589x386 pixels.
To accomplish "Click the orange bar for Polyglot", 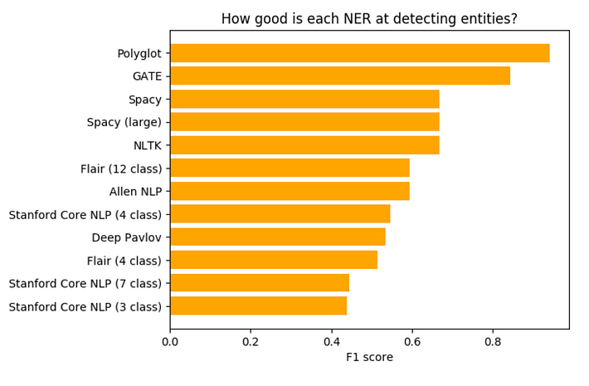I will coord(359,53).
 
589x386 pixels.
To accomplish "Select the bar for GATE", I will coord(340,76).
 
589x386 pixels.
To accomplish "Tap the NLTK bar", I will coord(304,145).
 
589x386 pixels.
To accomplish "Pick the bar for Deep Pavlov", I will coord(277,237).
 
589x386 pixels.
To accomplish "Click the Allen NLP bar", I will coord(290,191).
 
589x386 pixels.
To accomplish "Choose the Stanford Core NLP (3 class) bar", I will coord(258,306).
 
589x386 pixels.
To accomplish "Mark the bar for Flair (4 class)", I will coord(274,260).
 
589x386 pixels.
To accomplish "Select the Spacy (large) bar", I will coord(304,122).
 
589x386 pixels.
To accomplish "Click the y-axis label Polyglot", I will coord(139,54).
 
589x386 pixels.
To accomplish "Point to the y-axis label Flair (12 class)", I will coord(121,169).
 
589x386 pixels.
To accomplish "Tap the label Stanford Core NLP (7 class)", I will coord(85,283).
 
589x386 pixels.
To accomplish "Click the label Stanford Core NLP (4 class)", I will coord(85,214).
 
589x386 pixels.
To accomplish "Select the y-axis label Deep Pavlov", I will coord(127,237).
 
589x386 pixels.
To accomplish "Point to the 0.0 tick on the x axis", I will coord(170,340).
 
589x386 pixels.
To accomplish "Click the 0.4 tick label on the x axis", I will coord(332,340).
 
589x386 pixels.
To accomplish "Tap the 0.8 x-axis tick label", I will coord(493,340).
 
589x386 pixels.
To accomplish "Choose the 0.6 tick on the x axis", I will coord(412,340).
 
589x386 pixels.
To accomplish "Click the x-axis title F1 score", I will coord(369,358).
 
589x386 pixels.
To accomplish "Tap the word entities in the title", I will coord(488,19).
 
